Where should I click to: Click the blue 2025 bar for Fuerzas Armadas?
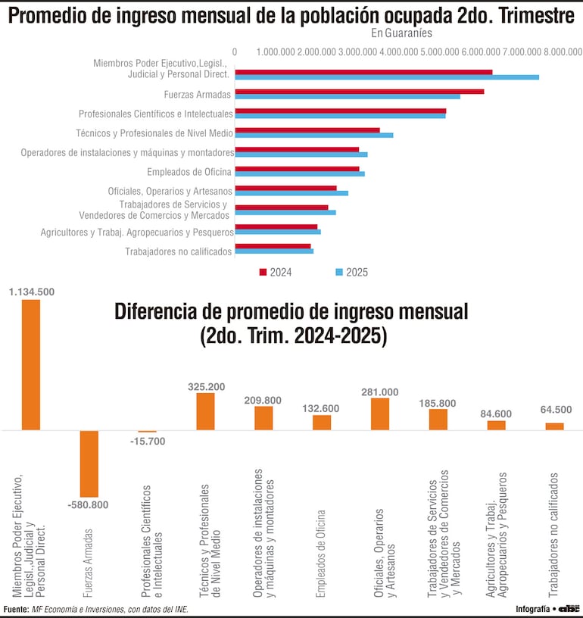[x=347, y=96]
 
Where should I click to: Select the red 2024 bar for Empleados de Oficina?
[x=297, y=168]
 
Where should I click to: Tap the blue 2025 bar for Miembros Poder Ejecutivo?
[x=386, y=77]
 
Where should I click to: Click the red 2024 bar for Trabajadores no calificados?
[x=273, y=245]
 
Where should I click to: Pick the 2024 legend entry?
[x=276, y=272]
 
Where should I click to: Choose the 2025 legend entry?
[x=351, y=272]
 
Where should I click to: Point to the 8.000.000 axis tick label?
[x=561, y=51]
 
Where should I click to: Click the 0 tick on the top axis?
[x=235, y=51]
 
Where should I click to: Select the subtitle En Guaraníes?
[x=401, y=33]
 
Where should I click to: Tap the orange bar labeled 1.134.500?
[x=31, y=364]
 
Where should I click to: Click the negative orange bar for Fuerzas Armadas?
[x=89, y=463]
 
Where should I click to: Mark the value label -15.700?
[x=147, y=442]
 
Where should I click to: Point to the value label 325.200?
[x=206, y=386]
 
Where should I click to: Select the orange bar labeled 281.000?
[x=380, y=414]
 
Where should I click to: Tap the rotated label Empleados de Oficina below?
[x=321, y=554]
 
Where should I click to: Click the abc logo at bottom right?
[x=569, y=608]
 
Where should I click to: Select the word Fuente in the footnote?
[x=16, y=609]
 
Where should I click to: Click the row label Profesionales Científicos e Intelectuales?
[x=155, y=114]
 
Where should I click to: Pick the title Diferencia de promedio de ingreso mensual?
[x=291, y=311]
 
